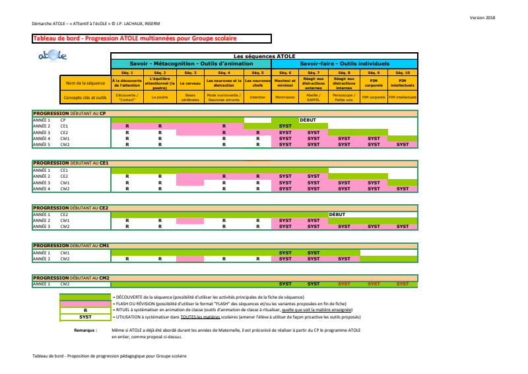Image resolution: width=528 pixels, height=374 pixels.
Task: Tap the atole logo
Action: [x=53, y=58]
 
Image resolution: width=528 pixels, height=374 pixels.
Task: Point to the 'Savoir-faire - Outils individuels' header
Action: [x=345, y=63]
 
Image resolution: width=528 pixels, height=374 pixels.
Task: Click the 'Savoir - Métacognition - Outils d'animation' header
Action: [x=191, y=63]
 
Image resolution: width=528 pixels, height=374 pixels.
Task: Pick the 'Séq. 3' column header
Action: [x=191, y=72]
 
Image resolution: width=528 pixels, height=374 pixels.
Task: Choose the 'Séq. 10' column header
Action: [x=403, y=72]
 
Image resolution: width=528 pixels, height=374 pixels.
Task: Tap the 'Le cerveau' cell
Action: [x=191, y=84]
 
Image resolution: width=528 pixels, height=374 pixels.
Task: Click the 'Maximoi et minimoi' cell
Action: [x=285, y=84]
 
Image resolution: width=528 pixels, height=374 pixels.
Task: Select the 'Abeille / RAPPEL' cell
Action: [x=313, y=97]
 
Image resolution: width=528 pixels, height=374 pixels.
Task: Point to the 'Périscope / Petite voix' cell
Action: [x=344, y=97]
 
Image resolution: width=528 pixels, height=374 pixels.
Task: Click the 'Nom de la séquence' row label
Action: [x=86, y=84]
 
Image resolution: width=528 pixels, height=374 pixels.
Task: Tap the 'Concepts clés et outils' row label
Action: [x=86, y=97]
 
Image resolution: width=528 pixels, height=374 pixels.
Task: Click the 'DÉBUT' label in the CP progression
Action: [x=308, y=120]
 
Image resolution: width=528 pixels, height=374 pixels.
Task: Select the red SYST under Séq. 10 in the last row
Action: [x=403, y=283]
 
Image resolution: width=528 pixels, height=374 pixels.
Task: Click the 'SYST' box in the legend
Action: [x=86, y=317]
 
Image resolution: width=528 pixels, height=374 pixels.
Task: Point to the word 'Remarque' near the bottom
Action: [x=86, y=329]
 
